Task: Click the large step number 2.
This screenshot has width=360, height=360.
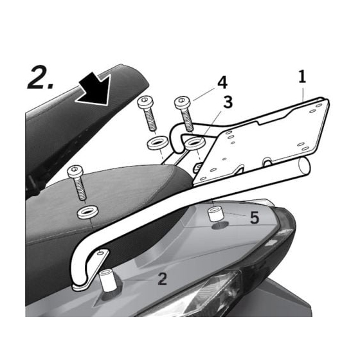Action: point(40,78)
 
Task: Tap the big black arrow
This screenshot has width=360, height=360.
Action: point(94,89)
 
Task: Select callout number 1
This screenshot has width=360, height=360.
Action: point(302,76)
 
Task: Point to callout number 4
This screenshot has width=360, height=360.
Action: point(222,82)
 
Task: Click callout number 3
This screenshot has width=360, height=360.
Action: point(228,102)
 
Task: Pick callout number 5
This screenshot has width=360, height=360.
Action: point(254,217)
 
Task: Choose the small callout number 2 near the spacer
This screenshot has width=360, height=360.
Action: point(162,279)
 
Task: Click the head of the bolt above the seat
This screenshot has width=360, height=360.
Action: point(74,170)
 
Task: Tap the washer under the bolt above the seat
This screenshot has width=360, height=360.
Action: point(87,212)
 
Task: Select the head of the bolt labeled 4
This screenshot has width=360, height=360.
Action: point(183,102)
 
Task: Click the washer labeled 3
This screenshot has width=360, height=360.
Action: point(195,143)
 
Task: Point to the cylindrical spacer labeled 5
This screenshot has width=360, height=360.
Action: point(215,213)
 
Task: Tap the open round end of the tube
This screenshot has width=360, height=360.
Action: point(304,166)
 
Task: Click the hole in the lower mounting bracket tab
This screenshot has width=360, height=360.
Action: point(100,253)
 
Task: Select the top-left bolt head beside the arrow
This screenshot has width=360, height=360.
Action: point(145,102)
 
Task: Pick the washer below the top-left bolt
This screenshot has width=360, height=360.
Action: point(157,143)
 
